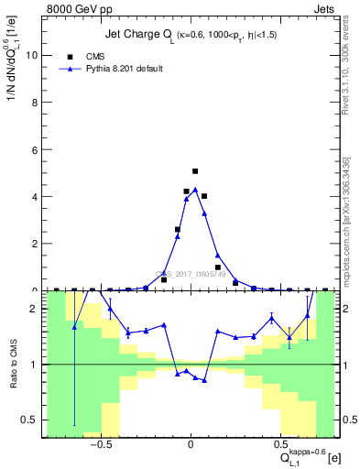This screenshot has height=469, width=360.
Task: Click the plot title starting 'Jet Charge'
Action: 191,37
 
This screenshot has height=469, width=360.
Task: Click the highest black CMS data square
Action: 195,171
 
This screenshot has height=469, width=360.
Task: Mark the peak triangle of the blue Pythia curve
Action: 195,190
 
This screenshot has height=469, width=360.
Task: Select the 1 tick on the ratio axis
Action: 35,365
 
